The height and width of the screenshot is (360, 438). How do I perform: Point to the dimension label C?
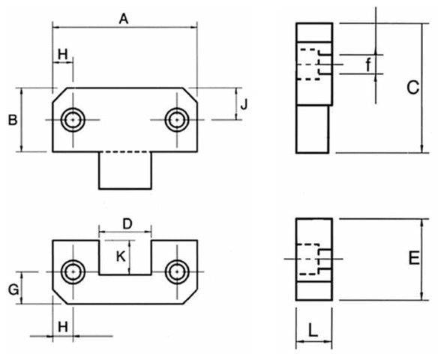pyautogui.click(x=412, y=88)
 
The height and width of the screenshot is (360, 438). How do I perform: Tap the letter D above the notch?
pyautogui.click(x=127, y=223)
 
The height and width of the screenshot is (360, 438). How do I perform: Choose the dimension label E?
pyautogui.click(x=413, y=259)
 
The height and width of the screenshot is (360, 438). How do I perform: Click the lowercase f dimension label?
pyautogui.click(x=368, y=65)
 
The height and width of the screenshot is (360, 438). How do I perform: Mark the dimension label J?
pyautogui.click(x=244, y=104)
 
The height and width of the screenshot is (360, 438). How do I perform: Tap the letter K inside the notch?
pyautogui.click(x=121, y=256)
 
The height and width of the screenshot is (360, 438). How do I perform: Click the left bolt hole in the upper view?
pyautogui.click(x=73, y=119)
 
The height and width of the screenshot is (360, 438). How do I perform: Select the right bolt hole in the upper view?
pyautogui.click(x=176, y=119)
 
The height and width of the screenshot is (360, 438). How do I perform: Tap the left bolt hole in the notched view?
pyautogui.click(x=73, y=271)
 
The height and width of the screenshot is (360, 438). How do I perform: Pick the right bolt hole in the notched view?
pyautogui.click(x=176, y=271)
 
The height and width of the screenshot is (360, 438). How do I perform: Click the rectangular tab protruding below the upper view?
pyautogui.click(x=126, y=170)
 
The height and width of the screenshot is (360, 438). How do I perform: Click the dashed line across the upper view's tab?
pyautogui.click(x=126, y=152)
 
